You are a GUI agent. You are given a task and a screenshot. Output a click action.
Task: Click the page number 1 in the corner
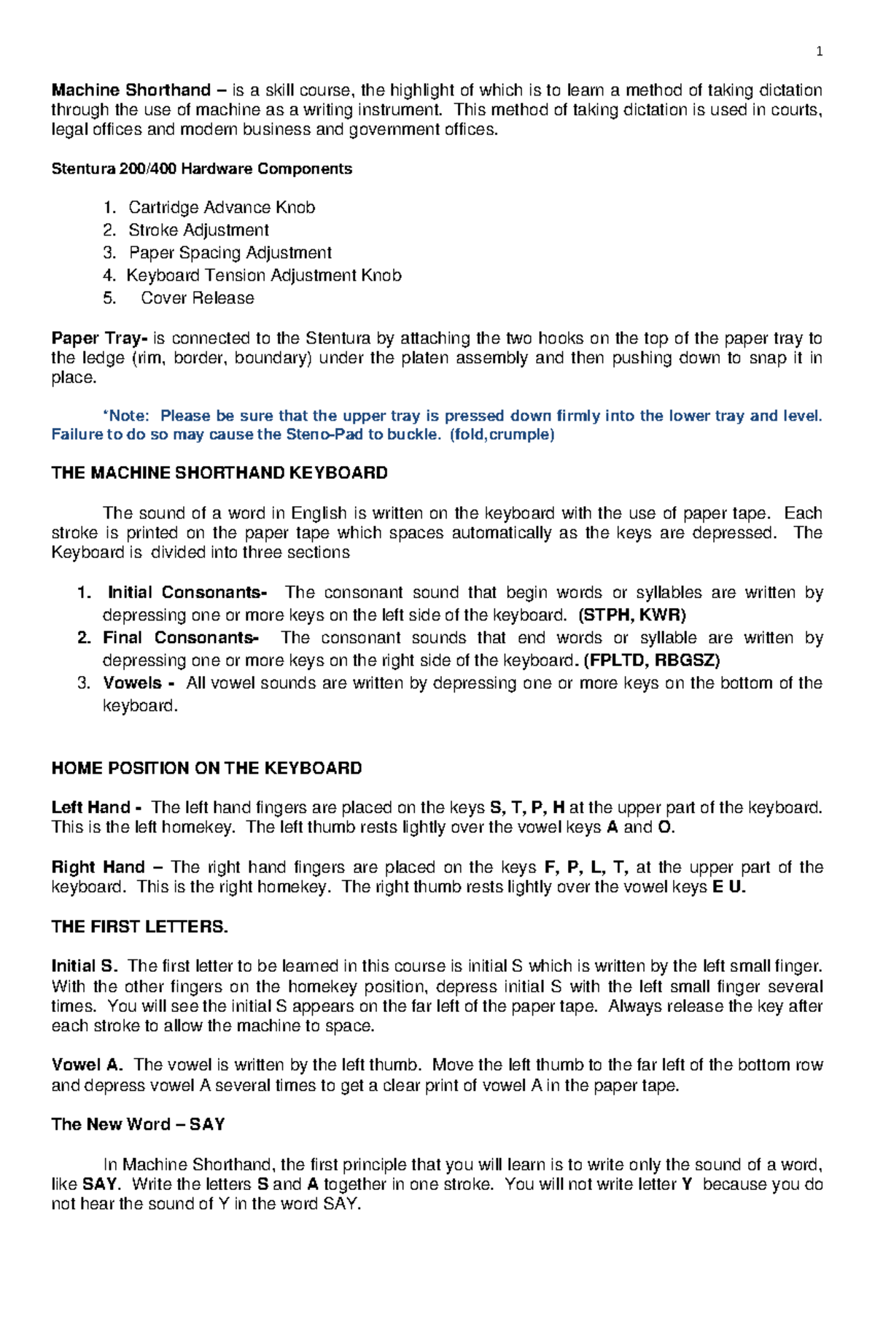(819, 51)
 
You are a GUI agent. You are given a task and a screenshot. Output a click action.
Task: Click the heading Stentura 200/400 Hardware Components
(201, 169)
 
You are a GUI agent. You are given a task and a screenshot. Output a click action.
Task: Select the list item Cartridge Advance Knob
(222, 208)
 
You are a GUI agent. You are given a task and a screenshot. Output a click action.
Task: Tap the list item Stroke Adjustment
(198, 230)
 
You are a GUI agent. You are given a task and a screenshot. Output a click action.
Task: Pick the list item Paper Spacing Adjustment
(230, 253)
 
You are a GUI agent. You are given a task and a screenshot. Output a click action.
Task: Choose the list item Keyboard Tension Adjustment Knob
(263, 276)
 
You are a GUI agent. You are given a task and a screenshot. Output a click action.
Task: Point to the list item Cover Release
(198, 298)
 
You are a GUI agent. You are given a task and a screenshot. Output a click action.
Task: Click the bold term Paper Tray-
(99, 338)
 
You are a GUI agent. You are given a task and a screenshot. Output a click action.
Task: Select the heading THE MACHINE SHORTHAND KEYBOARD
(219, 473)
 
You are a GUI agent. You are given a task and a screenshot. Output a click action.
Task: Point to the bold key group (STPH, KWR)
(631, 615)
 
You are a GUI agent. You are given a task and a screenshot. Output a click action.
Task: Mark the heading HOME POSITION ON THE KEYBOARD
(206, 769)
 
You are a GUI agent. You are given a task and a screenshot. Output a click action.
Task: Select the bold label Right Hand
(98, 868)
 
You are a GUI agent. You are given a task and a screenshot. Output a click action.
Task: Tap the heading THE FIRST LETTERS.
(139, 927)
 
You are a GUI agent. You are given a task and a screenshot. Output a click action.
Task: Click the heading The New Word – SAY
(138, 1125)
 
